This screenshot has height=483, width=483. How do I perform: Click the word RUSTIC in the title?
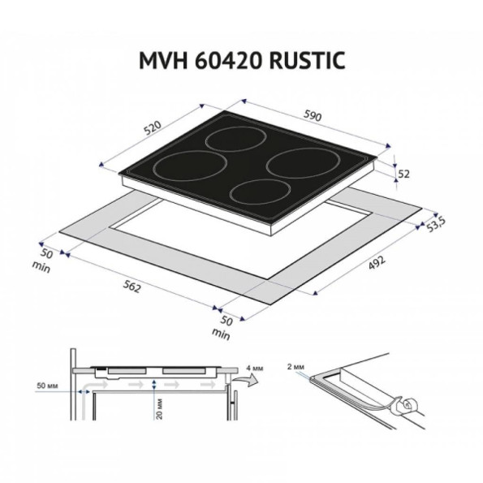[307, 60]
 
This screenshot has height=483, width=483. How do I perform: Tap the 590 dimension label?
[313, 115]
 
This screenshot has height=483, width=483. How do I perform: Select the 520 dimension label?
[153, 127]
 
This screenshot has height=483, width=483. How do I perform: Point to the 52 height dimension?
[403, 174]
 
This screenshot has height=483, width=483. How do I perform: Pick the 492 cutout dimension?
[377, 263]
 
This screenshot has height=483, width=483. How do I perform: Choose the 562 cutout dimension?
[132, 287]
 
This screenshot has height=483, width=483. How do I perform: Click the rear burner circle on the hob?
[236, 139]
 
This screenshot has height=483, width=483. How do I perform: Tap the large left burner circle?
[190, 166]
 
